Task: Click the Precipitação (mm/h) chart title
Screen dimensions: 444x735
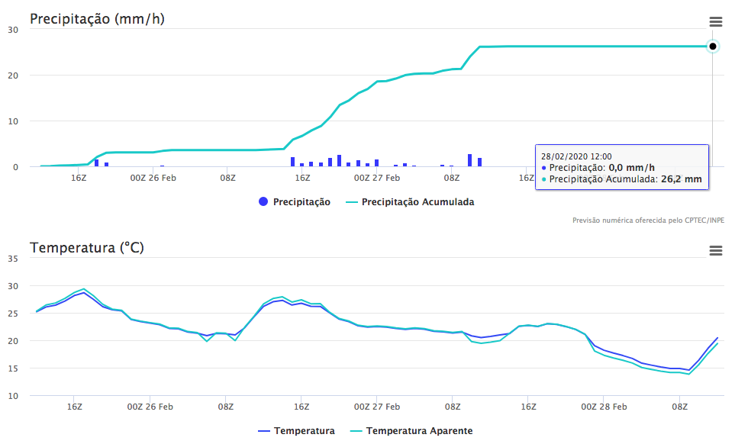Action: [x=97, y=18]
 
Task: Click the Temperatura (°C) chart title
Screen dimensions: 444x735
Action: [x=86, y=247]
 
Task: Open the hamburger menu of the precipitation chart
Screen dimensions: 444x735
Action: [x=715, y=21]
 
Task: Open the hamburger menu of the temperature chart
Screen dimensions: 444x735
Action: [x=715, y=250]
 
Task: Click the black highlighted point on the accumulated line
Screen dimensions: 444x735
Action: [x=712, y=47]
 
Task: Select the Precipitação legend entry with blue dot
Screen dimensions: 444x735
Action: [x=295, y=202]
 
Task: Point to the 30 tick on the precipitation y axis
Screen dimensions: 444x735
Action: [x=13, y=30]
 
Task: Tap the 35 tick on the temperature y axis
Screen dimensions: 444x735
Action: [x=13, y=259]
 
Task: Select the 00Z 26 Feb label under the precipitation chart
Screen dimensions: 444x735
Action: [x=153, y=179]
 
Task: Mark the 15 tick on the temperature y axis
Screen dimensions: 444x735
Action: [x=13, y=368]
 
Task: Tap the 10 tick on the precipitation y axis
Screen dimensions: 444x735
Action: [x=13, y=121]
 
